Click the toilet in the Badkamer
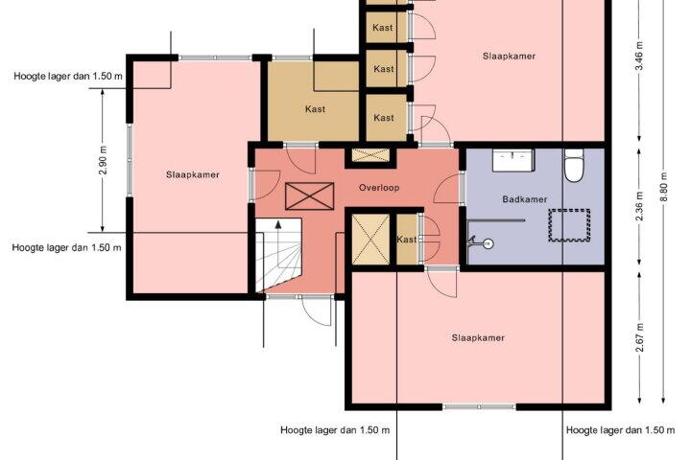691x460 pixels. click(574, 166)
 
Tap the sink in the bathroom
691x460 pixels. click(513, 160)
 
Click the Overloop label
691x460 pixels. click(379, 188)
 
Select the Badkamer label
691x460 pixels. click(524, 199)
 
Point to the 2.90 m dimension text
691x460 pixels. click(103, 160)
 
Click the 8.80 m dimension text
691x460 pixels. click(664, 187)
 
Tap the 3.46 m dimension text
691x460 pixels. click(640, 56)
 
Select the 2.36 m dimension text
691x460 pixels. click(640, 206)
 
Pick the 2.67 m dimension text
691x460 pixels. click(640, 337)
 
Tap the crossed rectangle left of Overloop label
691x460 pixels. click(309, 196)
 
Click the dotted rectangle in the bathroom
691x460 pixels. click(569, 225)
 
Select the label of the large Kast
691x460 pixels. click(315, 108)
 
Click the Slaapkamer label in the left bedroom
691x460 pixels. click(193, 174)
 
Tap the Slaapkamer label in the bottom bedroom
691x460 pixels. click(478, 338)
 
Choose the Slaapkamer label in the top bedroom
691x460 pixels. click(509, 57)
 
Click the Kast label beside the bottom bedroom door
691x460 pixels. click(406, 240)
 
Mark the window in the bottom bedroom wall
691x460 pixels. click(479, 407)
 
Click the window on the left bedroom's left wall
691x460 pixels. click(130, 160)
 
